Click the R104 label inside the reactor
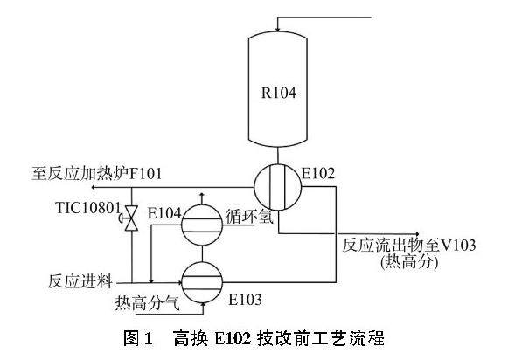click(279, 93)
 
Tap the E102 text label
click(318, 174)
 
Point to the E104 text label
click(164, 213)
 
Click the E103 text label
click(245, 300)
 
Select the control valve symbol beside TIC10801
click(130, 218)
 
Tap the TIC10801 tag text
click(88, 208)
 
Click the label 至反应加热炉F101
click(96, 174)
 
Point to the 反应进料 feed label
click(80, 280)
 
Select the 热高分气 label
click(147, 303)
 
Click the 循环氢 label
click(250, 217)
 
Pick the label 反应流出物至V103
click(409, 245)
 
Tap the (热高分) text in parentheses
click(409, 262)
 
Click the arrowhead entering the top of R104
click(277, 29)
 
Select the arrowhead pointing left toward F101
click(94, 187)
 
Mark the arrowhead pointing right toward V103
click(417, 234)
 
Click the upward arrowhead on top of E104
click(202, 195)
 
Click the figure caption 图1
click(137, 338)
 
